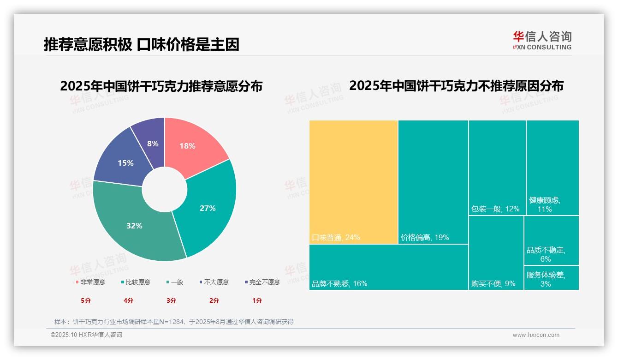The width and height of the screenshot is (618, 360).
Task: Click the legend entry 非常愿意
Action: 90,282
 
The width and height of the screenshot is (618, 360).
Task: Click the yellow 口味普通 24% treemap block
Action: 353,182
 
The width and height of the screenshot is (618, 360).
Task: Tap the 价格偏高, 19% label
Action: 425,238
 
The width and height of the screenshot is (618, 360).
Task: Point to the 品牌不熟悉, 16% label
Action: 339,284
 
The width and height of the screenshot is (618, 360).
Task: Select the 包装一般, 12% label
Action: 495,209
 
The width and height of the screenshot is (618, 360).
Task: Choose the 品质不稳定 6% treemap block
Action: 551,240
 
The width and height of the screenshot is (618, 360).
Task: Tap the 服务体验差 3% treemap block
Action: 551,278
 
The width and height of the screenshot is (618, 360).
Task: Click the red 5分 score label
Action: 86,300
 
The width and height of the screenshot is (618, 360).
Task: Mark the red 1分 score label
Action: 257,300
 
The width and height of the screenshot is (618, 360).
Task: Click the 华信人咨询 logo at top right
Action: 542,40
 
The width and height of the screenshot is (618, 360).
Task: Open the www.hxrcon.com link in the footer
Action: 536,335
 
